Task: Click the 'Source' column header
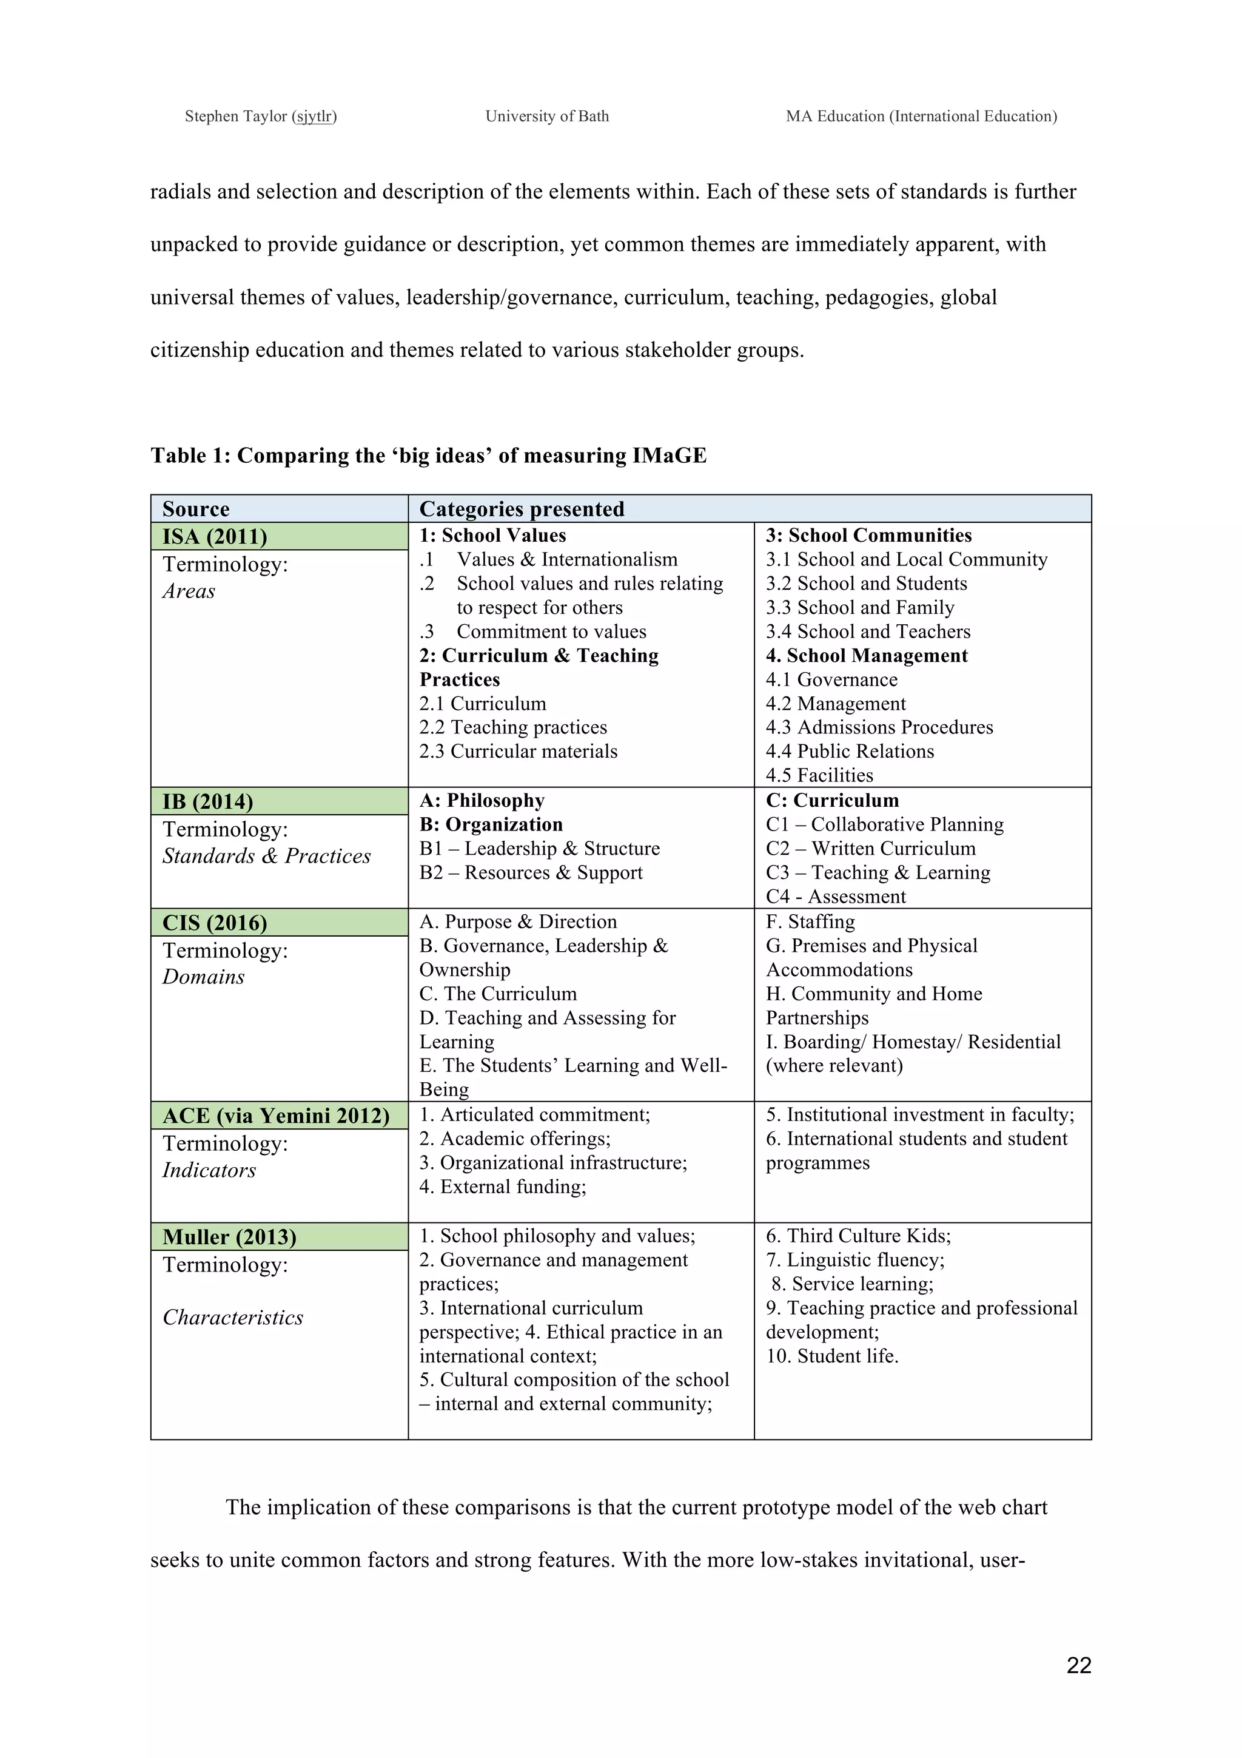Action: click(196, 509)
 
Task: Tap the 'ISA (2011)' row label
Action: click(215, 537)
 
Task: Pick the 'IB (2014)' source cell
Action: click(207, 802)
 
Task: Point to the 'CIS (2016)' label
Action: click(215, 923)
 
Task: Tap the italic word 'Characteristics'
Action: click(233, 1318)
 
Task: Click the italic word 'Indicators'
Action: click(209, 1170)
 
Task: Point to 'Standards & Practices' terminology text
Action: click(266, 856)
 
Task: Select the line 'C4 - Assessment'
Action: click(836, 897)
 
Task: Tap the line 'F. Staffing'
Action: click(810, 922)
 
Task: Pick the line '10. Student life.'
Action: click(832, 1356)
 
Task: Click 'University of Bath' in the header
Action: click(547, 116)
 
